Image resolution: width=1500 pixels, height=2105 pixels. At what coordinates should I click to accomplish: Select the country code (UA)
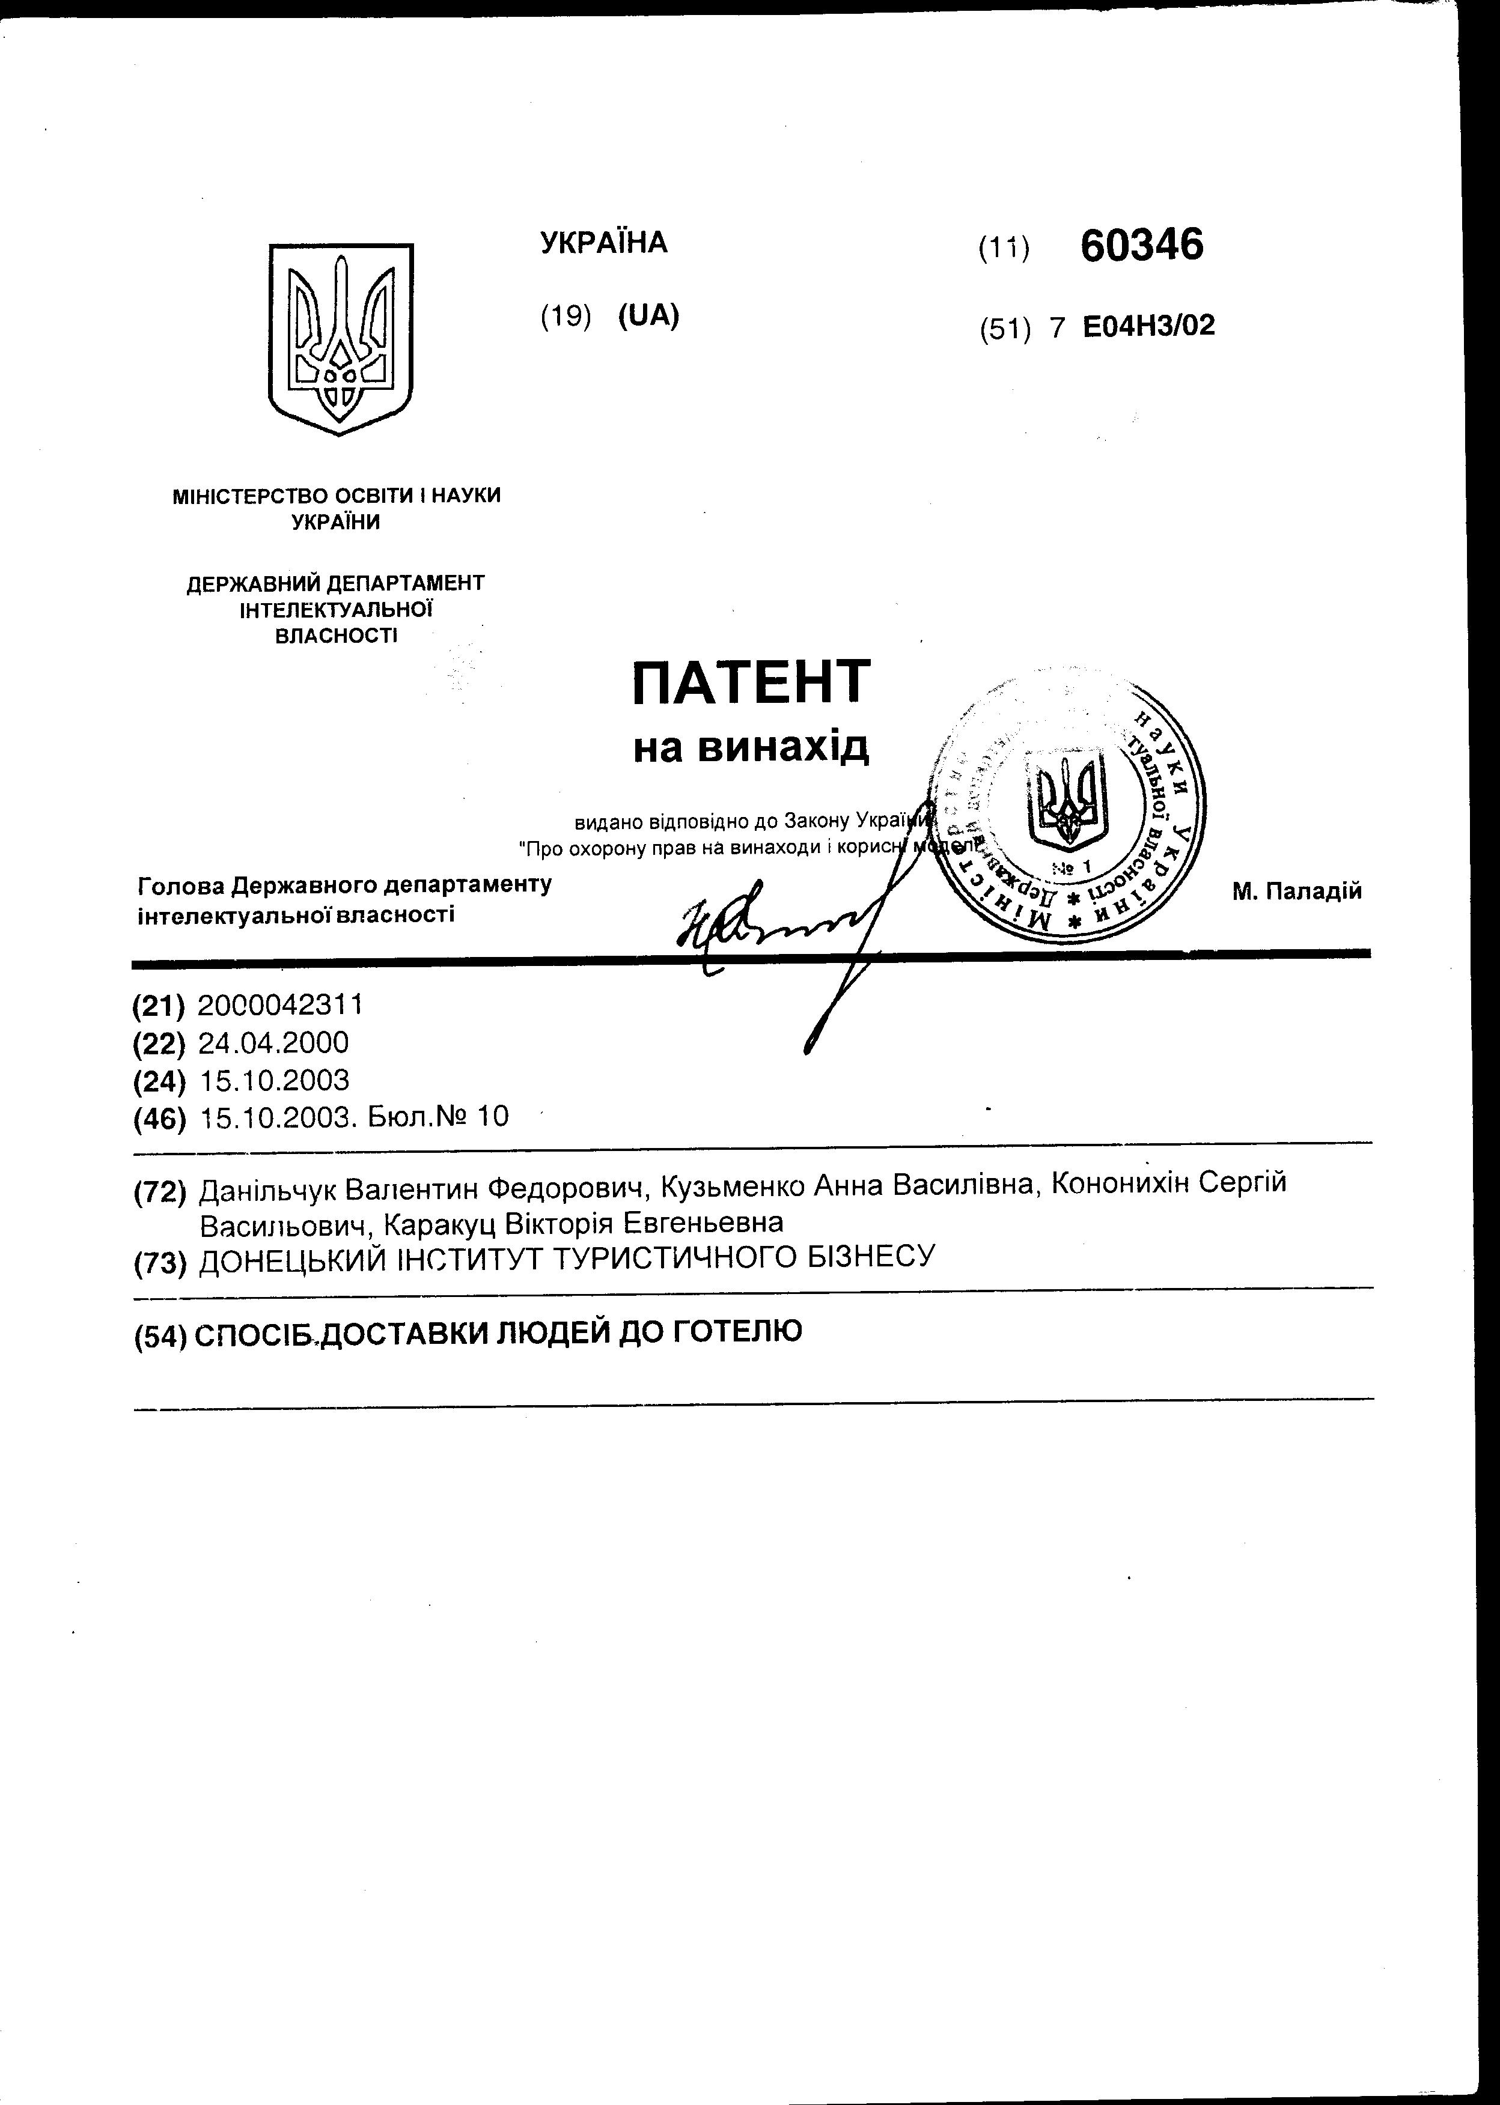pyautogui.click(x=648, y=316)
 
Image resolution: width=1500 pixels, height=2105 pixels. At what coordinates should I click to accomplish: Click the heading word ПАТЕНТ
pyautogui.click(x=751, y=681)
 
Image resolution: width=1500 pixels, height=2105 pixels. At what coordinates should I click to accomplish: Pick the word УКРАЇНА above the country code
pyautogui.click(x=603, y=243)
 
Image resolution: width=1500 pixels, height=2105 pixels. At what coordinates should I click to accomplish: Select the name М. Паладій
pyautogui.click(x=1297, y=891)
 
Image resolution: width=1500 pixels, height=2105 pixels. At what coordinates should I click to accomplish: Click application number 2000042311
pyautogui.click(x=281, y=1004)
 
